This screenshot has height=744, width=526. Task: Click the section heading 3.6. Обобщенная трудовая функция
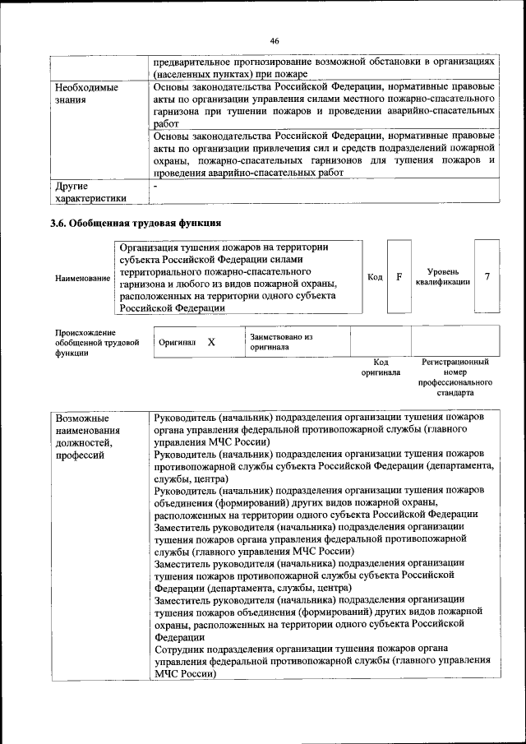[x=136, y=223]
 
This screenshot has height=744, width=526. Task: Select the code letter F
[x=399, y=276]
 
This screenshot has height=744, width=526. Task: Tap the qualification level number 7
[x=487, y=276]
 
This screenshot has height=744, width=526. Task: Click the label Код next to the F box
[x=375, y=277]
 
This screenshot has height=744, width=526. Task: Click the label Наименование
[x=82, y=279]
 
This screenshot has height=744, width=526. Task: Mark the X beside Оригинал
[x=211, y=341]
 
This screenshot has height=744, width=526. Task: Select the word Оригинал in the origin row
[x=177, y=342]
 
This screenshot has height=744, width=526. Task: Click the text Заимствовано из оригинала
[x=282, y=342]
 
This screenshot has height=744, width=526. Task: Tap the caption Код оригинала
[x=381, y=367]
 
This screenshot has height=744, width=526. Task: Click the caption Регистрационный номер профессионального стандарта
[x=454, y=377]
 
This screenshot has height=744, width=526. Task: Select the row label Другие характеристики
[x=90, y=192]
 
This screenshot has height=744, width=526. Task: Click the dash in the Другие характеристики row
[x=156, y=187]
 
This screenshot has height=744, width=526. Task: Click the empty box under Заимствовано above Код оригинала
[x=381, y=341]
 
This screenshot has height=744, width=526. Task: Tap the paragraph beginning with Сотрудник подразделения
[x=322, y=660]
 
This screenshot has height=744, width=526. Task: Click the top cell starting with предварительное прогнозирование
[x=324, y=67]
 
